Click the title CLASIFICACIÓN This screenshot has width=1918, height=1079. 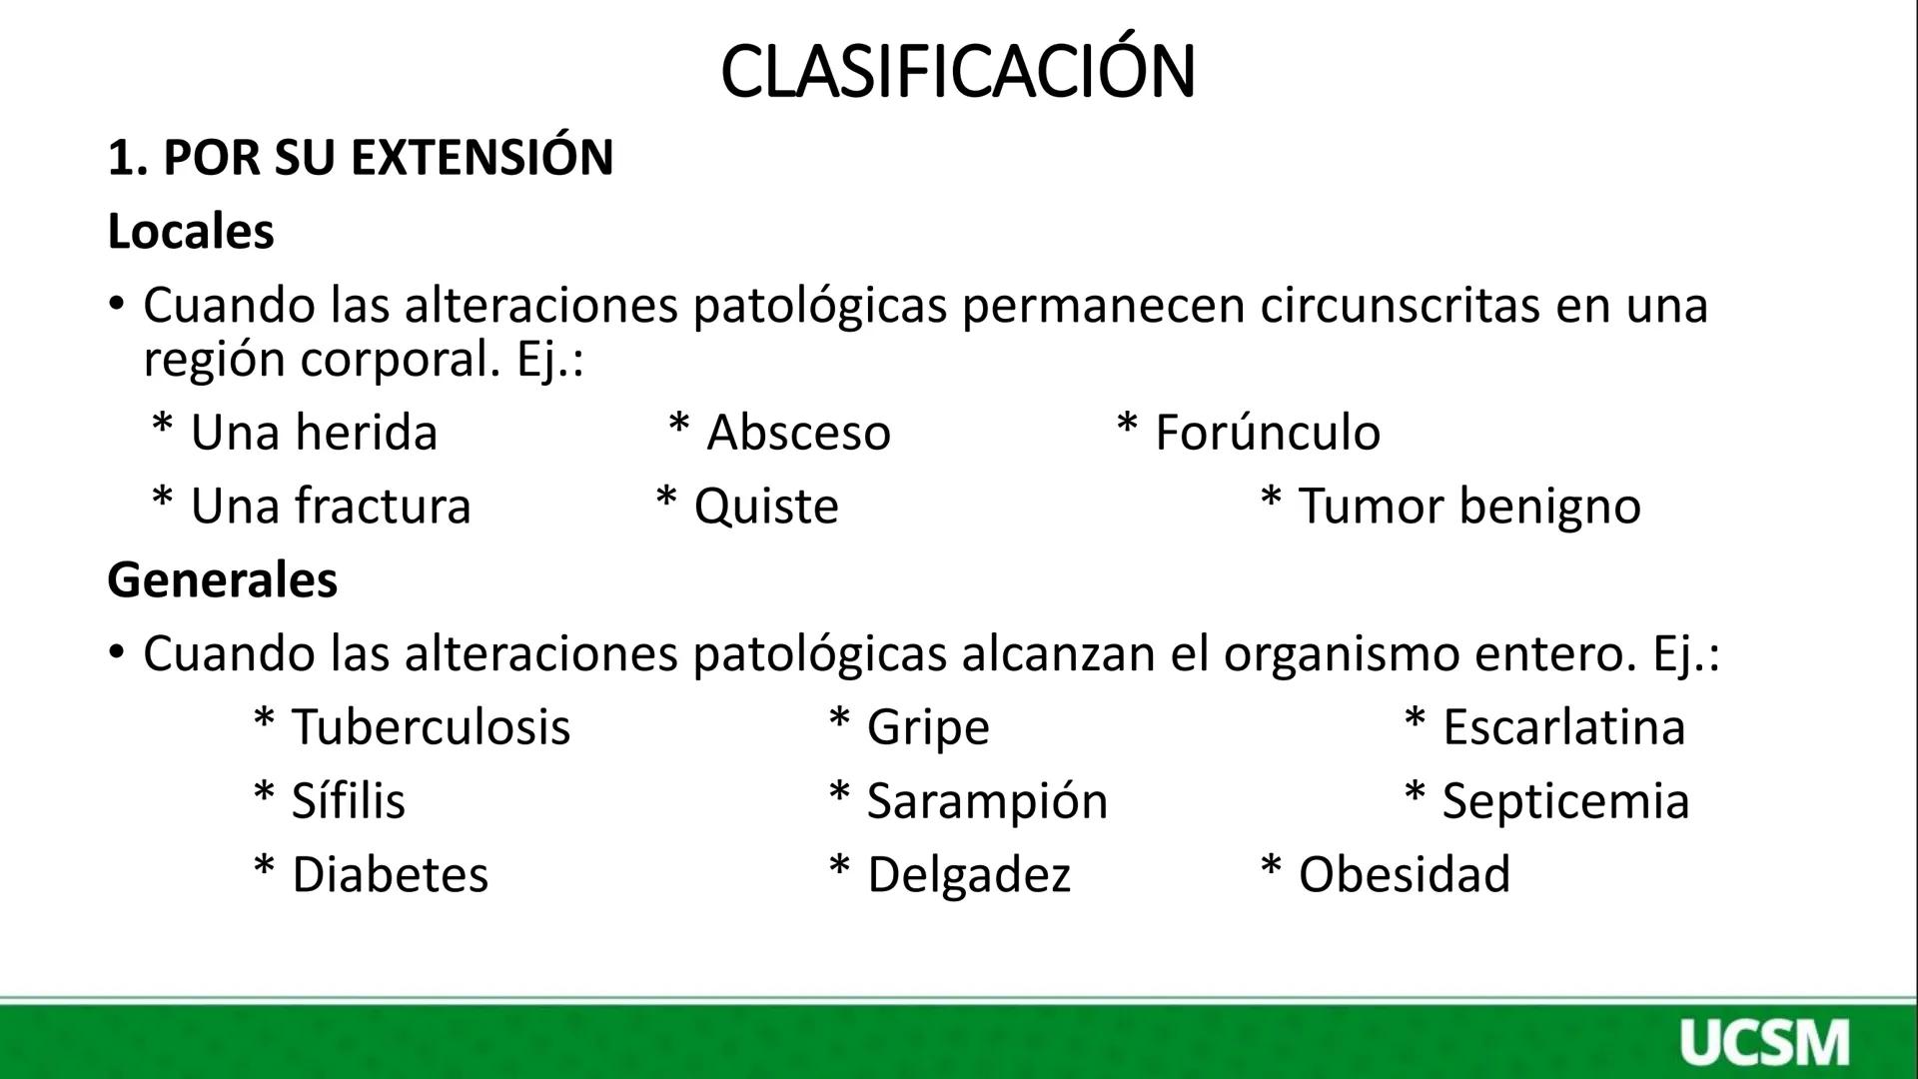click(957, 72)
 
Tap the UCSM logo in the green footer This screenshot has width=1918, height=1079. click(1764, 1043)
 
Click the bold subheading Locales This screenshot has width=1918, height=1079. click(191, 232)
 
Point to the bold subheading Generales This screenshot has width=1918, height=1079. click(223, 579)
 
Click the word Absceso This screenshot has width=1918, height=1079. click(798, 433)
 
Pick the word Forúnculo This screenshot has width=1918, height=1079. click(1268, 433)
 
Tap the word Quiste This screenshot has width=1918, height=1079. click(766, 506)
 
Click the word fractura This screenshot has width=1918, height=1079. click(383, 506)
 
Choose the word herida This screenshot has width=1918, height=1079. click(367, 433)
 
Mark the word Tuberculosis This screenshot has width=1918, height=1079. click(431, 726)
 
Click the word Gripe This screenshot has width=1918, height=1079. click(928, 726)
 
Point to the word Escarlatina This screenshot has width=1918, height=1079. click(1564, 726)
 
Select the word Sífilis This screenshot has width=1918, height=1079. click(349, 800)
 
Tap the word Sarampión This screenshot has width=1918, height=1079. click(988, 800)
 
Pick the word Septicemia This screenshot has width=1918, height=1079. click(1565, 800)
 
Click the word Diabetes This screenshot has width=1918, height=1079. click(390, 874)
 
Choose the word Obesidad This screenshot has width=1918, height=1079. click(1405, 874)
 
